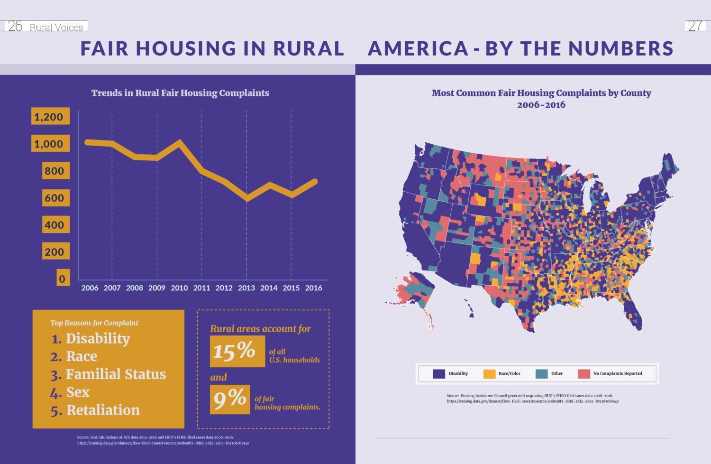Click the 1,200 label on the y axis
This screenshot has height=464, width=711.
(x=50, y=117)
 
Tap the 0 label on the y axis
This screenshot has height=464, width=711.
(x=63, y=278)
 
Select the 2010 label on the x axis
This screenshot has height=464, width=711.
(x=179, y=288)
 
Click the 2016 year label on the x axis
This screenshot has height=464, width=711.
(x=313, y=288)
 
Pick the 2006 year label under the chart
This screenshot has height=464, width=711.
(x=90, y=288)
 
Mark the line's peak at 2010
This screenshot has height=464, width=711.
(x=179, y=142)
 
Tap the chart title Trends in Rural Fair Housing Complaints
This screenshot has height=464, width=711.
(x=180, y=93)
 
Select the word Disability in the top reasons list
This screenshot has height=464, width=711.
(x=98, y=338)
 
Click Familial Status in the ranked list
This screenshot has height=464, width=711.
(x=116, y=374)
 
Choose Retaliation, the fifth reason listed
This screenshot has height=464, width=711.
(x=103, y=410)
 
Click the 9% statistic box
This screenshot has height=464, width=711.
(x=230, y=399)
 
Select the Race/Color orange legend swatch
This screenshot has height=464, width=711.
(x=489, y=374)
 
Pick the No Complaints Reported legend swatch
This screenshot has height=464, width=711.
(x=584, y=374)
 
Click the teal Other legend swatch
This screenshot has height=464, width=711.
(x=541, y=374)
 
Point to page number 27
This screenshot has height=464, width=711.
(x=695, y=26)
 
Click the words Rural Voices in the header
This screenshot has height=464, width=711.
(x=56, y=28)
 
